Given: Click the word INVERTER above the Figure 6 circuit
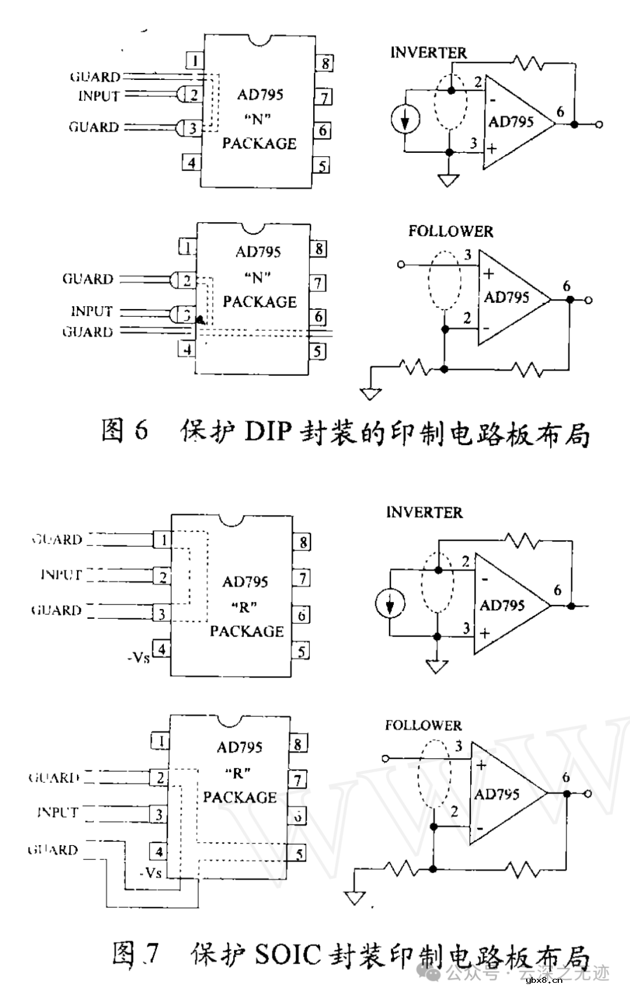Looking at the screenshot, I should click(429, 52).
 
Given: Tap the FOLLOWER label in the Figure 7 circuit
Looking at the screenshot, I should click(423, 726).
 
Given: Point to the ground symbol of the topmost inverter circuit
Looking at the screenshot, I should click(448, 180).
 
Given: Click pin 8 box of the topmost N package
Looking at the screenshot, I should click(325, 63).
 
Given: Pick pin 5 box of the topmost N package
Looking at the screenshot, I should click(322, 166).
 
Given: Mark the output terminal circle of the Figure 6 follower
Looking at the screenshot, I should click(589, 300).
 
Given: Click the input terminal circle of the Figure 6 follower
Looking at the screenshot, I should click(401, 265).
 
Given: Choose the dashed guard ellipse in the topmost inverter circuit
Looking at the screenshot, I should click(451, 110).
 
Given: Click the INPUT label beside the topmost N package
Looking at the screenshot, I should click(99, 96).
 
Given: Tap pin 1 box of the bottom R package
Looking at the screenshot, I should click(160, 741).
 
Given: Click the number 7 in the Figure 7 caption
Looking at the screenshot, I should click(151, 954).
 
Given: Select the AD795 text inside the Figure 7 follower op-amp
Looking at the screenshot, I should click(496, 794).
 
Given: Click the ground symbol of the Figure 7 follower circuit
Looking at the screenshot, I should click(354, 898).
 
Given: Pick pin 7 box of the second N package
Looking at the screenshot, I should click(318, 283).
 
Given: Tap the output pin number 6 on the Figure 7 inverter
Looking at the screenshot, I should click(558, 590).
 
